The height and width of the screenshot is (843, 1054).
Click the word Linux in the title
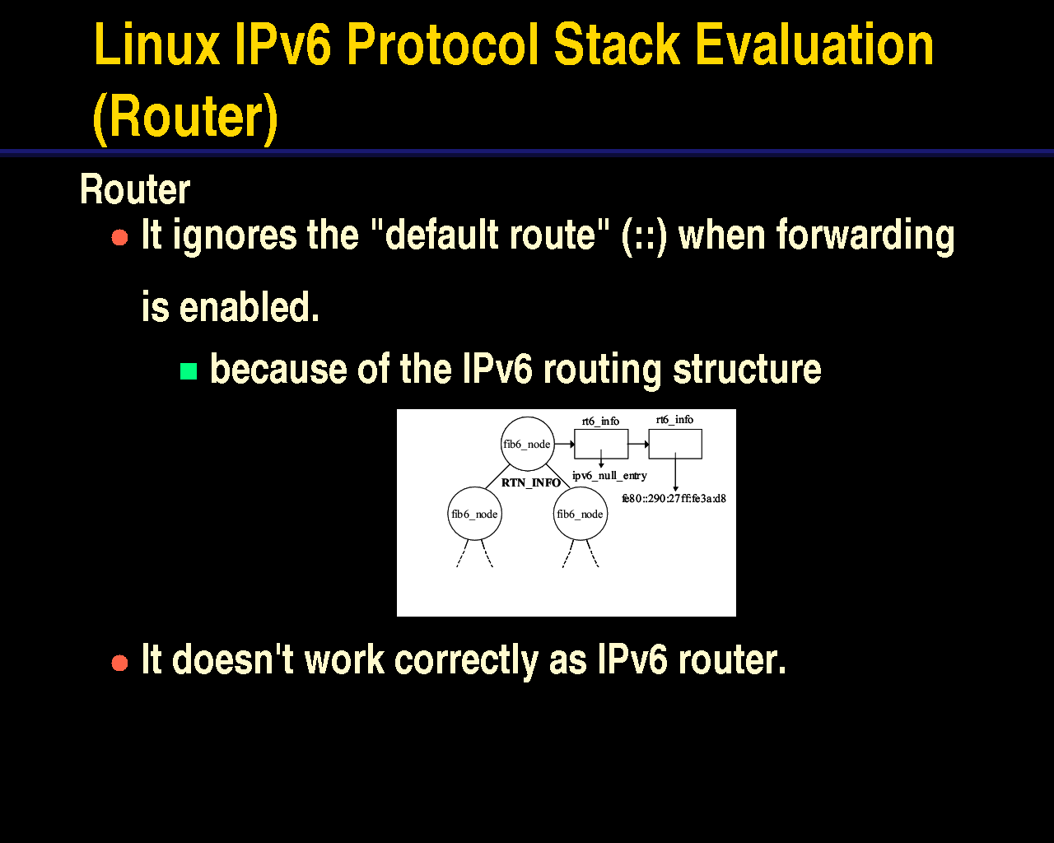156,44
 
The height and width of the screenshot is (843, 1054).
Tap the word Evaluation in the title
814,44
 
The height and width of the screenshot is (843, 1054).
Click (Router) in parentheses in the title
185,118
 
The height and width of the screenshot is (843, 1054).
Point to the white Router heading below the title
135,189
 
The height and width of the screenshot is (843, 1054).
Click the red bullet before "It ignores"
119,238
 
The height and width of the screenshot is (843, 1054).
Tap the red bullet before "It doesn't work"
119,663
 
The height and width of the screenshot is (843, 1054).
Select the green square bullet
189,371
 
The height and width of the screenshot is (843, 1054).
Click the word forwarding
865,236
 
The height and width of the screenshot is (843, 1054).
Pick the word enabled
250,306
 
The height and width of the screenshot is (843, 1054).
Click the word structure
747,368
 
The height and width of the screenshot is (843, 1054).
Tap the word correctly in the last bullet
466,660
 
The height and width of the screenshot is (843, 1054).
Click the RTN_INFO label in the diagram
531,482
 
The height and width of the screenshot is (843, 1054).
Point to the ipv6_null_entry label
609,475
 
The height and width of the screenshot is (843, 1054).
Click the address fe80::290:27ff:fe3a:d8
674,498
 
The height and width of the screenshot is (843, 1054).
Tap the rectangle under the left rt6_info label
601,430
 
